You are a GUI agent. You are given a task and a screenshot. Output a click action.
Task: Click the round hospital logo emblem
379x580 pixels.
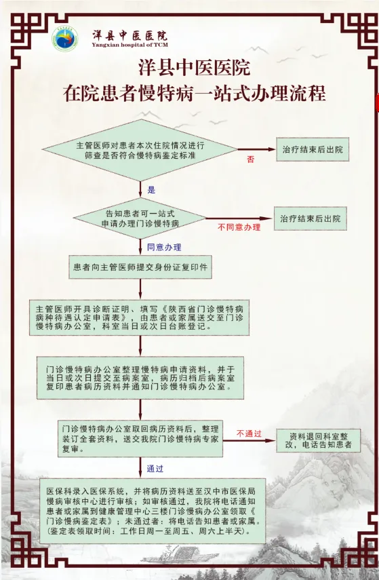[x=65, y=39]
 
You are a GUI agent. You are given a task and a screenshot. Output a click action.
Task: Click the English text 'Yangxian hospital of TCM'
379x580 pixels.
[x=129, y=45]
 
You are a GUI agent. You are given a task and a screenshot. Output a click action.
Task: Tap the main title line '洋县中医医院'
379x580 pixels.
[x=194, y=67]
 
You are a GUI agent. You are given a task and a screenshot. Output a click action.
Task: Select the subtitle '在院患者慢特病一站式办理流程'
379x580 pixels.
[x=194, y=93]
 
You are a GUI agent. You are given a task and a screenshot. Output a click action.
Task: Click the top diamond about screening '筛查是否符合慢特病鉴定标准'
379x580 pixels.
[x=140, y=150]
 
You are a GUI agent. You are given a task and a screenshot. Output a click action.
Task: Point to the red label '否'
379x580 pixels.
[x=251, y=159]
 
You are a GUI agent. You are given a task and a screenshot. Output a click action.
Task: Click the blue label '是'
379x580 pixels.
[x=152, y=190]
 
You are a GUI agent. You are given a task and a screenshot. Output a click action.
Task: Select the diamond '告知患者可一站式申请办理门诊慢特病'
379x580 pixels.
[x=140, y=218]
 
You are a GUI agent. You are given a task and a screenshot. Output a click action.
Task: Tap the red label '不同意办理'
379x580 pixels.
[x=239, y=227]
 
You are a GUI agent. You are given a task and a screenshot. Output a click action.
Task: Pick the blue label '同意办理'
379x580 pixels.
[x=164, y=248]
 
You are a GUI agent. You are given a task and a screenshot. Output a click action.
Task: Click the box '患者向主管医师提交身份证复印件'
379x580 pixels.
[x=140, y=267]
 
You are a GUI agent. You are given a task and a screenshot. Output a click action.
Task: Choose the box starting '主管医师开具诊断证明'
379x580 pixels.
[x=140, y=317]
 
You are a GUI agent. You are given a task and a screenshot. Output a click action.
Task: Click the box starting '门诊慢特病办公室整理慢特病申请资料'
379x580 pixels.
[x=140, y=378]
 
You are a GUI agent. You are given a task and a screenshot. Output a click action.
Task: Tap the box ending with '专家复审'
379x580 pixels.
[x=140, y=439]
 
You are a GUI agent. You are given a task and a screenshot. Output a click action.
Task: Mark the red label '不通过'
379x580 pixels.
[x=249, y=433]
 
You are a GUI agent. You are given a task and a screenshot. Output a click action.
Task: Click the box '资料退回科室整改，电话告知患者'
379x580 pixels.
[x=319, y=440]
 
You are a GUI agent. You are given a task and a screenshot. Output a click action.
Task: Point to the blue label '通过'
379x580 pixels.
[x=155, y=469]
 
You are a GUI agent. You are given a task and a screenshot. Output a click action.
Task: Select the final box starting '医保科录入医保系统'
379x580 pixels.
[x=153, y=511]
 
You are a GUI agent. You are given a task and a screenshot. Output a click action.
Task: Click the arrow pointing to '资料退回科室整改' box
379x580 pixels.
[x=250, y=440]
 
